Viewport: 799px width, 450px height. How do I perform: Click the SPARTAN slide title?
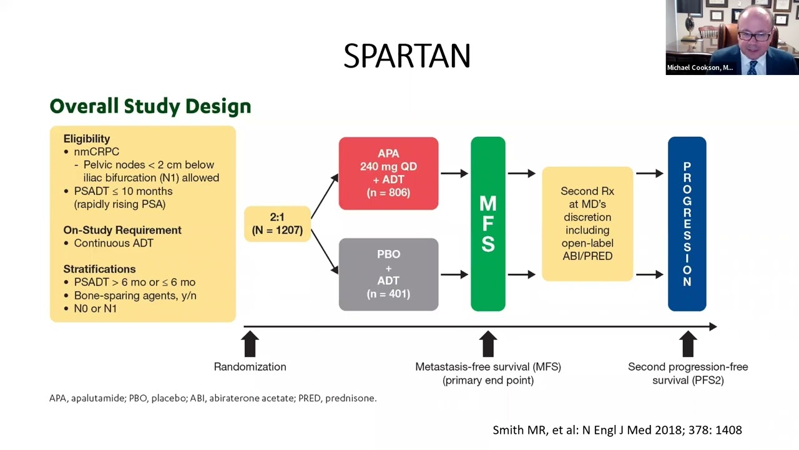point(406,57)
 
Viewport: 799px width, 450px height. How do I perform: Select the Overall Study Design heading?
point(150,106)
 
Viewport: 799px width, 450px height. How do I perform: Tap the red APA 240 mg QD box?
point(388,173)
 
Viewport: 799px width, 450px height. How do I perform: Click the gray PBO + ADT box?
point(388,274)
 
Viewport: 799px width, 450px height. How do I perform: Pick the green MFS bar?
point(488,224)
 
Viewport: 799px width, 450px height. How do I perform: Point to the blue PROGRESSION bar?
point(687,224)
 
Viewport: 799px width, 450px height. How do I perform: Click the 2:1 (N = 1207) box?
point(277,224)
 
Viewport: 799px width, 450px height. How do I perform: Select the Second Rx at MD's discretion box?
point(587,224)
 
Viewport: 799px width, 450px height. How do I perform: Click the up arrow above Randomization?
point(250,344)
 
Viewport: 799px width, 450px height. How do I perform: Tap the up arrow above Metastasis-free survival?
point(488,344)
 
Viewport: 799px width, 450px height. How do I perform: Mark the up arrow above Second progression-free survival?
point(687,344)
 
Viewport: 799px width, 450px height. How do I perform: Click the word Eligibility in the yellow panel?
point(87,139)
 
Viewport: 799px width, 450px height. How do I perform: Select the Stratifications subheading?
point(99,269)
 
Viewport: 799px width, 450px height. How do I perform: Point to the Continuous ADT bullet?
point(113,243)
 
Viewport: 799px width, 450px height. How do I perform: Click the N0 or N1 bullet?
point(95,308)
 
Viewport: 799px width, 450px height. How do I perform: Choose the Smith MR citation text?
point(617,430)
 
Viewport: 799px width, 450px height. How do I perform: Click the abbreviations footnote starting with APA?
point(213,398)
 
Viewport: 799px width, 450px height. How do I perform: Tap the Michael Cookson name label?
point(700,67)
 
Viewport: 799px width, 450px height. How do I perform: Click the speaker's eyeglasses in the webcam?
point(753,36)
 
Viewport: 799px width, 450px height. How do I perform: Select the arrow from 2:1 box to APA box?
point(324,196)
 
